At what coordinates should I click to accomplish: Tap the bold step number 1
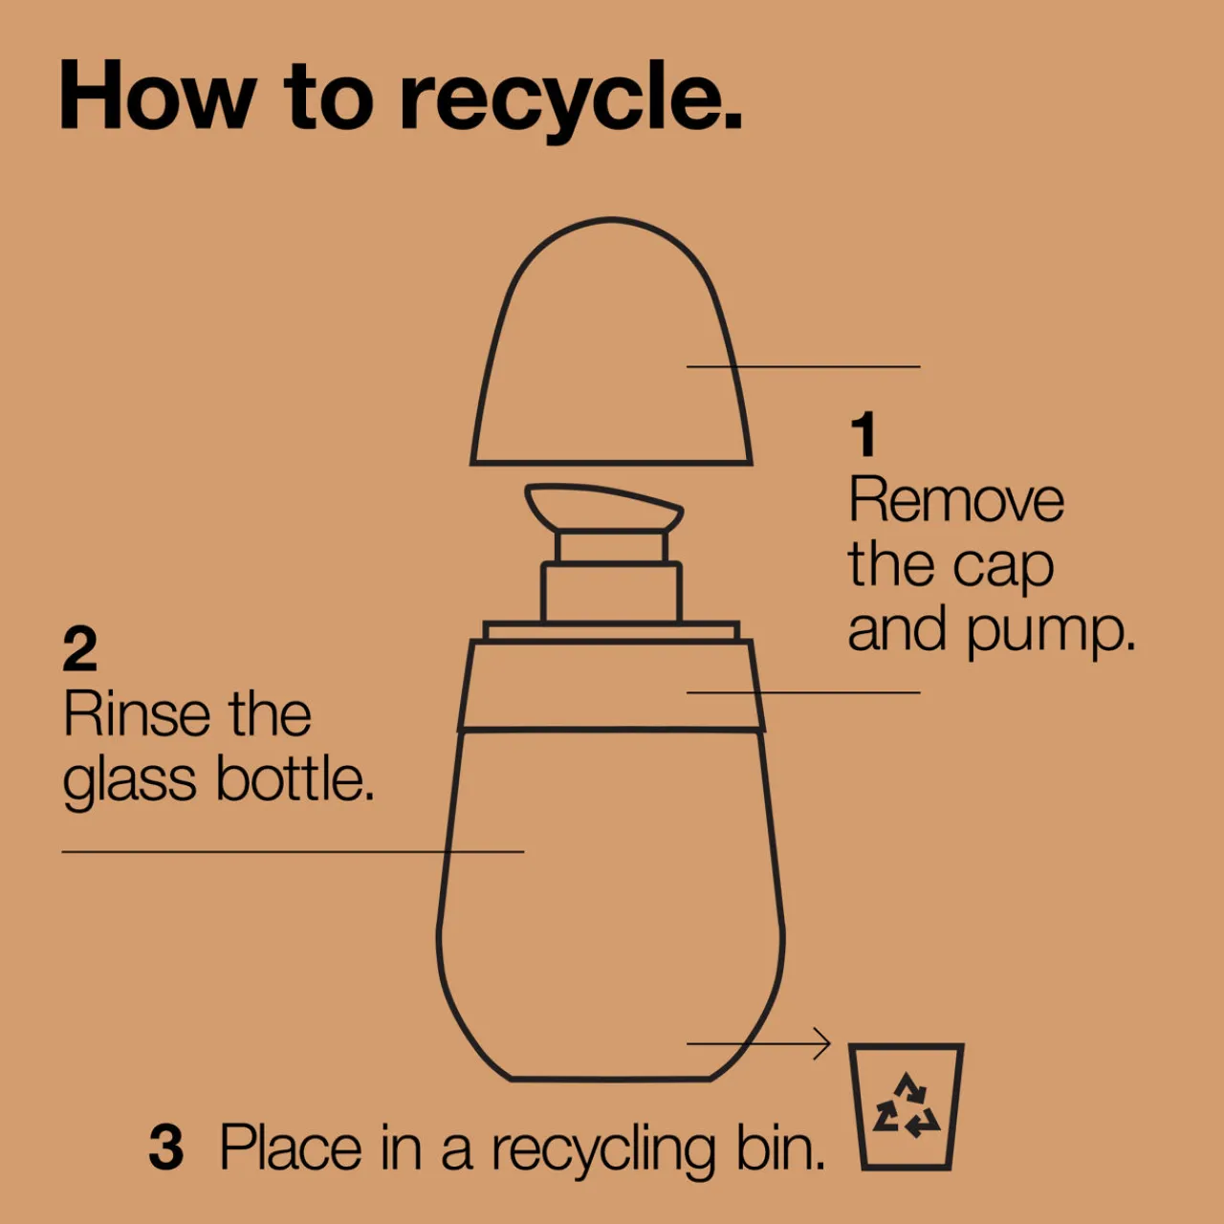pyautogui.click(x=863, y=434)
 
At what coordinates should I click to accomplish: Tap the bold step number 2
pyautogui.click(x=80, y=648)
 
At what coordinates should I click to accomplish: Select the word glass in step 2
pyautogui.click(x=130, y=782)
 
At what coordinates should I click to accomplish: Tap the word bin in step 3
pyautogui.click(x=781, y=1147)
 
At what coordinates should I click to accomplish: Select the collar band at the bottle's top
pyautogui.click(x=611, y=686)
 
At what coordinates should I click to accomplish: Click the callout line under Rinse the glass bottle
pyautogui.click(x=293, y=852)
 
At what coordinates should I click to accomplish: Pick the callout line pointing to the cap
pyautogui.click(x=803, y=366)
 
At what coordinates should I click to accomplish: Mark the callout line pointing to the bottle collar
pyautogui.click(x=803, y=692)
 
